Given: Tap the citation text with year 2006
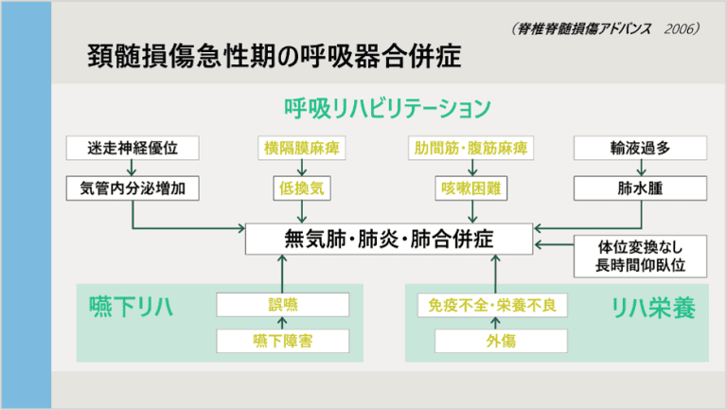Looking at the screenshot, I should pos(603,29).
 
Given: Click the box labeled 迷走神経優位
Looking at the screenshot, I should pos(133,148).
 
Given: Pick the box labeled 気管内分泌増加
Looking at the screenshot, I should pos(133,187).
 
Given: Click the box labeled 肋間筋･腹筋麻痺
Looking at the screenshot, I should pos(470,148).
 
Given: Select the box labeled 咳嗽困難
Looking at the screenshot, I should pos(470,187).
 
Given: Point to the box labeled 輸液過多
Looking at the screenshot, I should pos(641,148).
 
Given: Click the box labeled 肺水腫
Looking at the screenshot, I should pos(641,187).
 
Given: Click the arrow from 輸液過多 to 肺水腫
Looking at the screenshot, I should pos(641,168).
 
